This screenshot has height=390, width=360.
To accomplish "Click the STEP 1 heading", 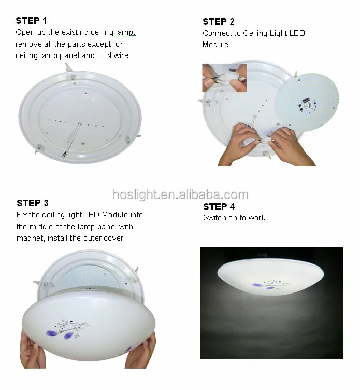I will coord(31,21).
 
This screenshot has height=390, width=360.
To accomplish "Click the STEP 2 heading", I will coord(218,22).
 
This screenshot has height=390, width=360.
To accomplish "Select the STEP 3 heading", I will coord(33,203).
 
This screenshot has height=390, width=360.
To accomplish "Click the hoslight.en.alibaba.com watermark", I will coord(180,195).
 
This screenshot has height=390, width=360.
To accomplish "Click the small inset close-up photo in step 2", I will coord(224,78).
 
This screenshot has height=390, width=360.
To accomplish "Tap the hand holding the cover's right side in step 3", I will coord(141,353).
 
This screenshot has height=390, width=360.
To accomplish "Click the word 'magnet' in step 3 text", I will coord(30,238).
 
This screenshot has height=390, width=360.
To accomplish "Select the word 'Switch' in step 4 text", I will coord(214,218).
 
